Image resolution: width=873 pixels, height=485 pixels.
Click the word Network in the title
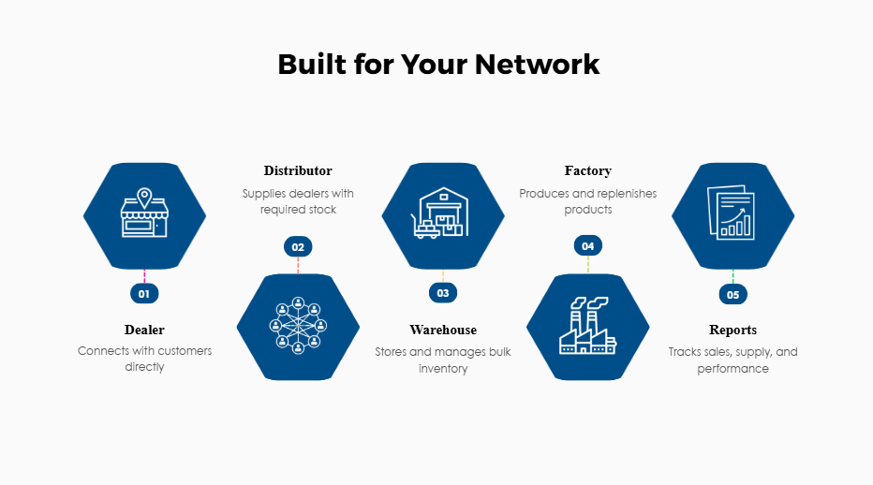[537, 65]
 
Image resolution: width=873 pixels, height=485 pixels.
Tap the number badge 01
[144, 294]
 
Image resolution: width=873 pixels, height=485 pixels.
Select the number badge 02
[298, 247]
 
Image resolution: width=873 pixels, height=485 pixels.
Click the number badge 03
[443, 293]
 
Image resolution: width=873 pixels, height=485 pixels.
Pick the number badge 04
[588, 246]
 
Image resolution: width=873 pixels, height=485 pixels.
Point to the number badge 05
[732, 294]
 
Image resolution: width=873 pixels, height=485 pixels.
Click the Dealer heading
[144, 330]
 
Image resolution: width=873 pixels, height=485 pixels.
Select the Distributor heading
[298, 170]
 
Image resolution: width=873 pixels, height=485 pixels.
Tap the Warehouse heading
[443, 330]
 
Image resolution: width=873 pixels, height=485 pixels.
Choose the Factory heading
[588, 170]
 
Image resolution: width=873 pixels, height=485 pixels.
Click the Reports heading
[732, 330]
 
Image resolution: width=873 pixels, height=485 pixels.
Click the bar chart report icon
[732, 214]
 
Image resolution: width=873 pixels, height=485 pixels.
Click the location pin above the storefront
[144, 197]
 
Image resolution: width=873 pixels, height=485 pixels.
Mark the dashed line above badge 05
[732, 277]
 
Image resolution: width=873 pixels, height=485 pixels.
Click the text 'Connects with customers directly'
[144, 359]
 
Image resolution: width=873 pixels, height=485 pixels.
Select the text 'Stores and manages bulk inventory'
[443, 360]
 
